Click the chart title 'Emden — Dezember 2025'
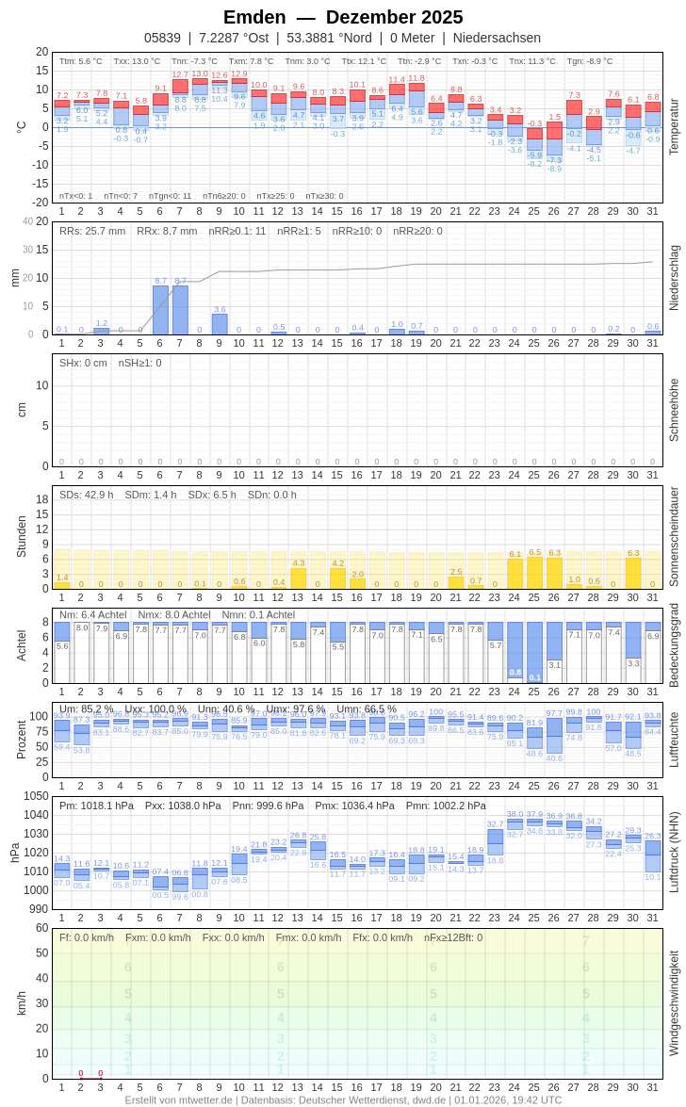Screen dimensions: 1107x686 [x=343, y=17]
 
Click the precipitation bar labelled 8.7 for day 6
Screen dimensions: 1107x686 [x=160, y=310]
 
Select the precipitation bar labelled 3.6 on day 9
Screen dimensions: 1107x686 [x=220, y=324]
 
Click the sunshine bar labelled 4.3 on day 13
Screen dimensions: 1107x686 [x=299, y=578]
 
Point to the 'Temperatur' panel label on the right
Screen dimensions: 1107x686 [x=674, y=127]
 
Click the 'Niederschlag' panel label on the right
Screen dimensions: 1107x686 [x=674, y=278]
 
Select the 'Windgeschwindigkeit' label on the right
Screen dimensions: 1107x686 [x=674, y=1002]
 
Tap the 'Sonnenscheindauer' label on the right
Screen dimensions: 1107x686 [x=674, y=537]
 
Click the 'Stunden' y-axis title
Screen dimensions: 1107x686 [x=21, y=537]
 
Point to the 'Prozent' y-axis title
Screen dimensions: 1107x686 [x=21, y=740]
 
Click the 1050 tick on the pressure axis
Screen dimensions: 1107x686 [x=37, y=796]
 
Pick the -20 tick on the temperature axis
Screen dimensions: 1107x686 [x=39, y=203]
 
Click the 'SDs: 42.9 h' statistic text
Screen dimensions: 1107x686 [x=87, y=495]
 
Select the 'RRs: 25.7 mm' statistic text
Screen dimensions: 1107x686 [x=92, y=231]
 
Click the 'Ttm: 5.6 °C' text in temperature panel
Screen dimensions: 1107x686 [x=81, y=61]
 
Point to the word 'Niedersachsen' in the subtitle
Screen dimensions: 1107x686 [x=497, y=38]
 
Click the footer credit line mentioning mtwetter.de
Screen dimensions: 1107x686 [x=343, y=1099]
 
